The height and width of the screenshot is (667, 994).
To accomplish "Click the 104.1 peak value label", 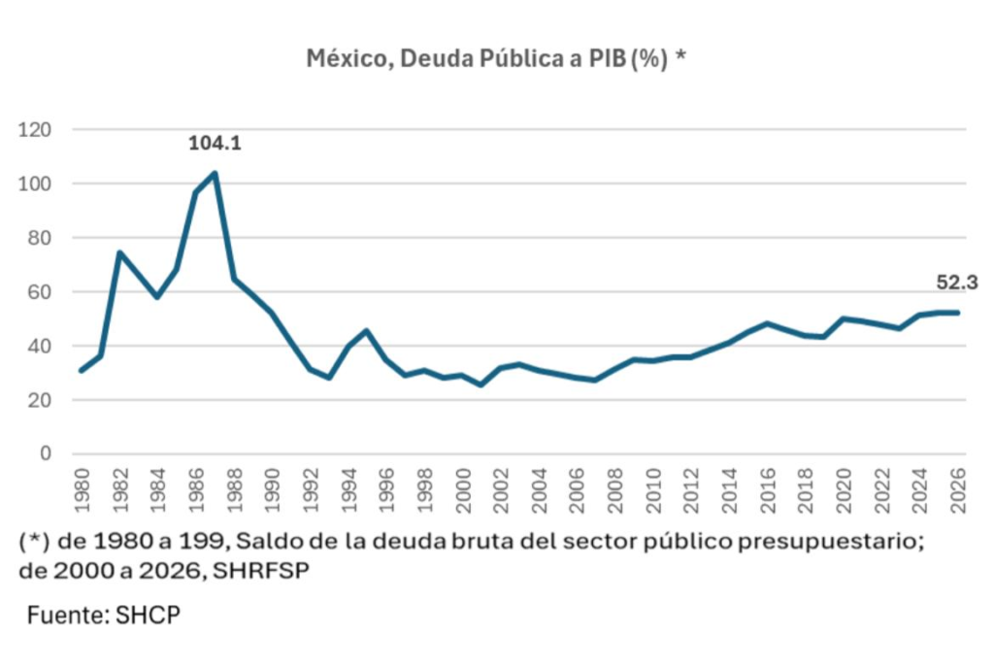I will (214, 144).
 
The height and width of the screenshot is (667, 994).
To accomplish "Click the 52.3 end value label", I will (957, 283).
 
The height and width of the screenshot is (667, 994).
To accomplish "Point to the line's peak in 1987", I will (215, 174).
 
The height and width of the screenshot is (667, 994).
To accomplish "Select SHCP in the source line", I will (149, 615).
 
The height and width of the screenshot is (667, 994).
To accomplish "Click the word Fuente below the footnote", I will (67, 615).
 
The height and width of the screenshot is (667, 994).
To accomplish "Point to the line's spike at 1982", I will (119, 252).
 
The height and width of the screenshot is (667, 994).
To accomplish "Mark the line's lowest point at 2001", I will (480, 384).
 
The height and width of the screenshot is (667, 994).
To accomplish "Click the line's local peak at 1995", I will (367, 330).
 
